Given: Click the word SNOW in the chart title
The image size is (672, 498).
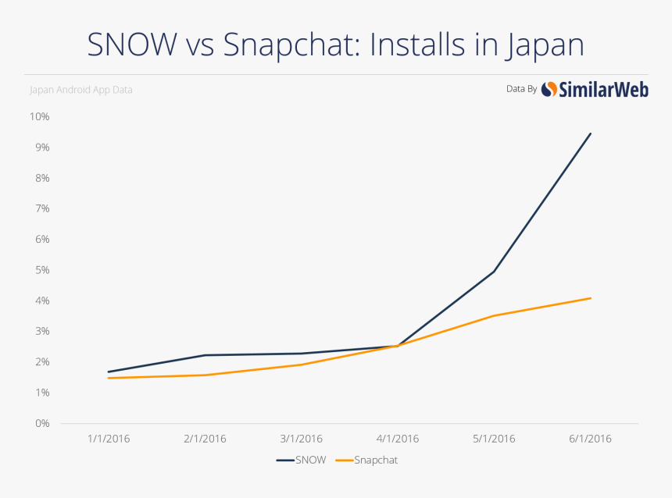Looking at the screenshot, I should [132, 44].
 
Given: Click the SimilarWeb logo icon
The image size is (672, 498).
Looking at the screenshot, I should [549, 89].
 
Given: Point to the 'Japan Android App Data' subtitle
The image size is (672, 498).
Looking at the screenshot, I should [81, 90].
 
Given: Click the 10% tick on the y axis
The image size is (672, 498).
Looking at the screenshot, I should [39, 117].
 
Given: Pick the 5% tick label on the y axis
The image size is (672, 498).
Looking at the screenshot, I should [41, 270].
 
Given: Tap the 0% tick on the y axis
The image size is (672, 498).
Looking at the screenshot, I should [41, 423].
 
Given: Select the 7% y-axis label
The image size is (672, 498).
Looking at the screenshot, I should [41, 208].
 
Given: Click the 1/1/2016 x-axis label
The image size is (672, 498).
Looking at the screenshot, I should [109, 439].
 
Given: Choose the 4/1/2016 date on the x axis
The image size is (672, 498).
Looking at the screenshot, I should [398, 439].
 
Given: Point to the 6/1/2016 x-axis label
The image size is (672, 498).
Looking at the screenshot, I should [590, 439].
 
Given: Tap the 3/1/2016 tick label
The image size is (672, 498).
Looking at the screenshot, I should [302, 439].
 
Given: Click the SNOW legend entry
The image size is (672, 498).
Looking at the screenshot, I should [302, 460].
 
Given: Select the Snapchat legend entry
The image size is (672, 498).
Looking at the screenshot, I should [367, 460].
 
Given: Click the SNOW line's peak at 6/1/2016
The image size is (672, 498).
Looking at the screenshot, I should [591, 133].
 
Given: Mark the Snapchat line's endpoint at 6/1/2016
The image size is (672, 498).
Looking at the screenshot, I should [591, 298].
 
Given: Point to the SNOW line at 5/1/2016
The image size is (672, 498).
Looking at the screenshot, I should [494, 272].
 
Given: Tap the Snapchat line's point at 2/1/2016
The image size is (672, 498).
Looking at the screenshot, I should [206, 375].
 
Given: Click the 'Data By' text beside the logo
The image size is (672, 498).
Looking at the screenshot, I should [521, 89].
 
